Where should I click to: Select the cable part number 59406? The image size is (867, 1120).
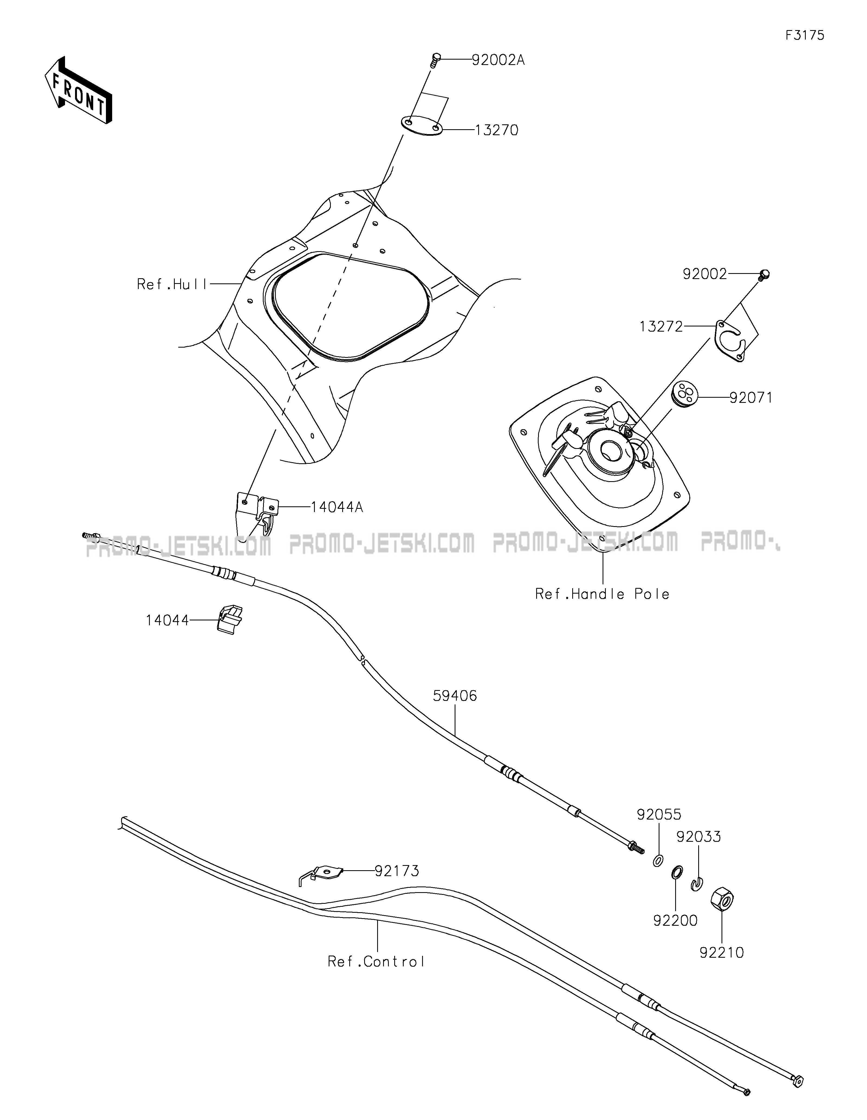(x=455, y=696)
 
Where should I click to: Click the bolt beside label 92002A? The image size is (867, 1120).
(x=436, y=60)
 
